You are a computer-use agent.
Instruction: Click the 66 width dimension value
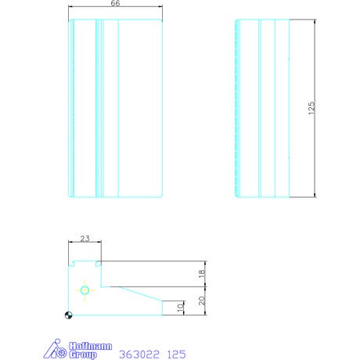click(115, 3)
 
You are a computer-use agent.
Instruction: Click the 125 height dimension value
click(311, 108)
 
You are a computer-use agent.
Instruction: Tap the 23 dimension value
click(85, 239)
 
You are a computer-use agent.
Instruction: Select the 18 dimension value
click(201, 273)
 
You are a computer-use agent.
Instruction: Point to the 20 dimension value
click(202, 301)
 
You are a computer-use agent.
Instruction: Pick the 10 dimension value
click(180, 308)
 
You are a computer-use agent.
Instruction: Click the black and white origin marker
click(68, 315)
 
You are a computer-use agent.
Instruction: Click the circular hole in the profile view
click(85, 290)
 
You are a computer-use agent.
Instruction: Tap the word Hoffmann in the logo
click(91, 346)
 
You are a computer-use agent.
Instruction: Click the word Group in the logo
click(83, 355)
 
